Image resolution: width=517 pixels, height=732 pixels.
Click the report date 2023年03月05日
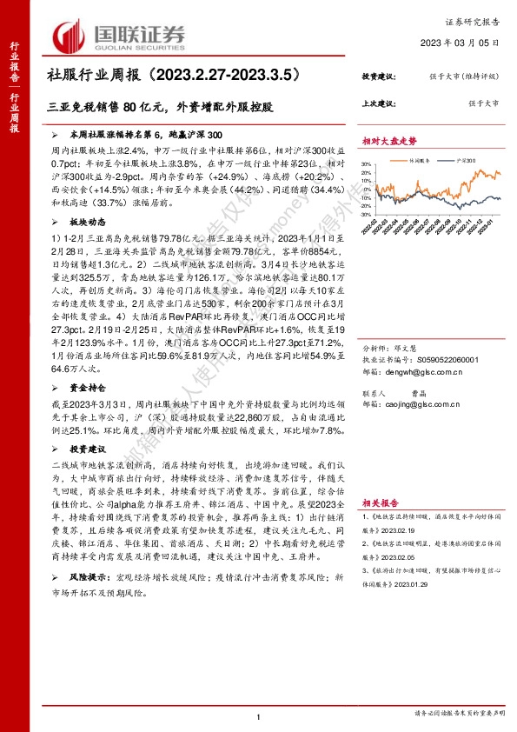coord(467,43)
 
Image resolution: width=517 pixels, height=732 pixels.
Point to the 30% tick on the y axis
coord(369,163)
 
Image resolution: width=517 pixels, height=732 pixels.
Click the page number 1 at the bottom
coord(259,715)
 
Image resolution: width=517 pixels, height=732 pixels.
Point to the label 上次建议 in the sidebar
coord(377,103)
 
